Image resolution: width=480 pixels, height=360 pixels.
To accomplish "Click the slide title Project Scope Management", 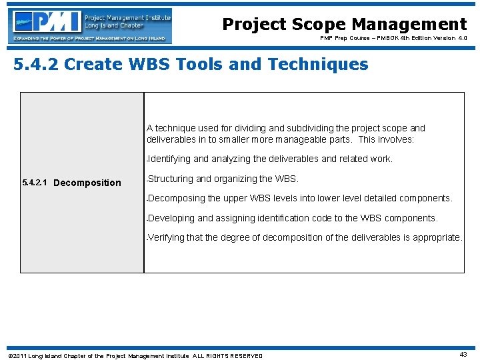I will click(344, 25).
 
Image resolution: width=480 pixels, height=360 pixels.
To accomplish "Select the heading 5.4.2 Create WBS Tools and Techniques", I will click(191, 65).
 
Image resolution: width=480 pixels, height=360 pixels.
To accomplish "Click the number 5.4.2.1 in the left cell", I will click(34, 183).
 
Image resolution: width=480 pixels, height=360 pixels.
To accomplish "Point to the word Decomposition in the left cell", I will click(87, 183).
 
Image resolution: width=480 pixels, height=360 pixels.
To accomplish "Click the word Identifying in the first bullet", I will click(169, 159).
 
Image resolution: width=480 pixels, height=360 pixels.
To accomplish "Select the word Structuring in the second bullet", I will click(170, 179).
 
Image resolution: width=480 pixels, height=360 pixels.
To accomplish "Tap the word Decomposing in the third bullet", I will click(177, 198).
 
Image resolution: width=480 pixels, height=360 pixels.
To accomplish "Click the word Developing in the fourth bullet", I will click(171, 218).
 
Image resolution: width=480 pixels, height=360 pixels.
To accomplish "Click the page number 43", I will click(464, 355).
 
